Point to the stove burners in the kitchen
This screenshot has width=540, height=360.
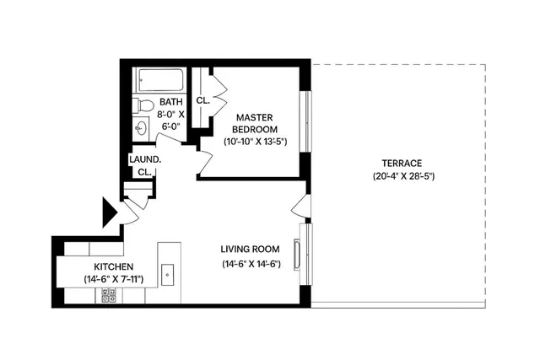tap(109, 295)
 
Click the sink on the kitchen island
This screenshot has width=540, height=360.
tap(168, 273)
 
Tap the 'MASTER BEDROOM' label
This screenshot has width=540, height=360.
tap(256, 123)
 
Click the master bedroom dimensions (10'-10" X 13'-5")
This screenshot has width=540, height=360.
tap(256, 142)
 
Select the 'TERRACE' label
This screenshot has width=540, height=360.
tap(402, 163)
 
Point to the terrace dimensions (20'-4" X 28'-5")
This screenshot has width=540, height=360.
tap(402, 176)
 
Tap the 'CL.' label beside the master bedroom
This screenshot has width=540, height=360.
tap(202, 100)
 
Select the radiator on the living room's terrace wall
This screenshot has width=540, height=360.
tap(297, 253)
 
